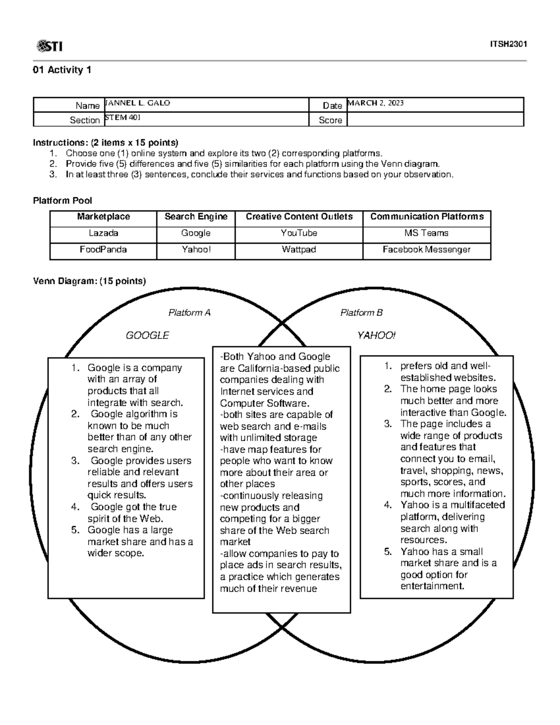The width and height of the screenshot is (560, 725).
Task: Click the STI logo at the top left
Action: [x=49, y=46]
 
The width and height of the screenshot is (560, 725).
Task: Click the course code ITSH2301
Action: [x=508, y=44]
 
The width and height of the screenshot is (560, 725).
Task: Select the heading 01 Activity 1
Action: [x=62, y=70]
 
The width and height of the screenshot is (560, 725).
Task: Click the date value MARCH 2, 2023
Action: [x=376, y=103]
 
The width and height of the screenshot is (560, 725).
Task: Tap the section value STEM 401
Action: [x=122, y=118]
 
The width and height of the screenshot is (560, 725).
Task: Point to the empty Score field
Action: [x=435, y=120]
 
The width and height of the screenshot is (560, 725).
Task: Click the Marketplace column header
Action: [x=103, y=217]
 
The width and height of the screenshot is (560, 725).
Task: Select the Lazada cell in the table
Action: [x=103, y=233]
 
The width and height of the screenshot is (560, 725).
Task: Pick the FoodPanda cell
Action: [x=103, y=249]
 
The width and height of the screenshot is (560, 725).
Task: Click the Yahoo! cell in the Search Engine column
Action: [x=196, y=249]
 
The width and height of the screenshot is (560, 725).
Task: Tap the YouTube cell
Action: [x=299, y=233]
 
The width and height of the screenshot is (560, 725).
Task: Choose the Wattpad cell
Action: [x=299, y=249]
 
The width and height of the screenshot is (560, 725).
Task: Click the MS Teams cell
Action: [x=427, y=233]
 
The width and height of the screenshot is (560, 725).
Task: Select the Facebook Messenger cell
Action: [x=427, y=249]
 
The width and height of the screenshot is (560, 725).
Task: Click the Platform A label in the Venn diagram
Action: [x=189, y=313]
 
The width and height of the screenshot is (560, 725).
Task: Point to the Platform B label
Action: [x=361, y=313]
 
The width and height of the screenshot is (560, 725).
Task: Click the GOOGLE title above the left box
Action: [x=147, y=335]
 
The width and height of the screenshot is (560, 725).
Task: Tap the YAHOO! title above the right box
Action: [x=376, y=335]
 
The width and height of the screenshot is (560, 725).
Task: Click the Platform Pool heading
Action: [x=62, y=201]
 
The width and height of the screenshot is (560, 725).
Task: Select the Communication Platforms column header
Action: [x=427, y=217]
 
